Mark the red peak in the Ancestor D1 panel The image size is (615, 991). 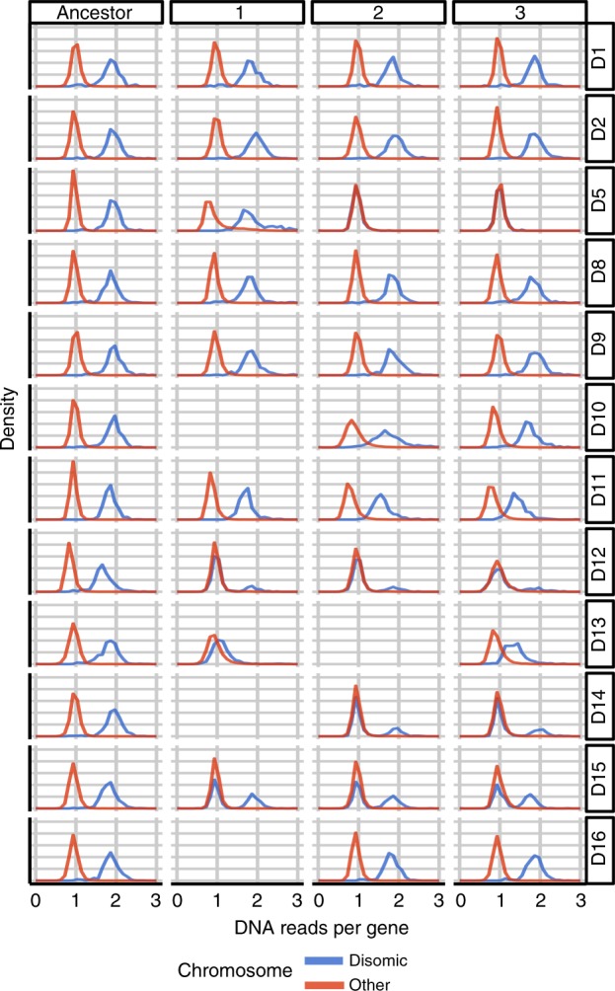click(76, 44)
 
